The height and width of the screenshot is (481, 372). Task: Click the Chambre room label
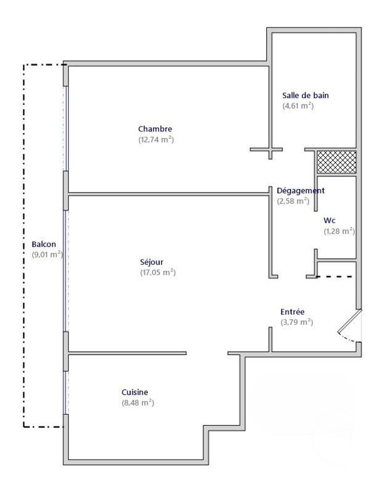pyautogui.click(x=155, y=129)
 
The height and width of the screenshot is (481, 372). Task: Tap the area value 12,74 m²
pyautogui.click(x=156, y=140)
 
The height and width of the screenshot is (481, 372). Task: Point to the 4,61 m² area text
pyautogui.click(x=298, y=106)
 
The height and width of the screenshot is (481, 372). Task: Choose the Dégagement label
pyautogui.click(x=301, y=190)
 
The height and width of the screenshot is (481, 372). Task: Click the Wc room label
pyautogui.click(x=330, y=220)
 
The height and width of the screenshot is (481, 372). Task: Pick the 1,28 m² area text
pyautogui.click(x=339, y=232)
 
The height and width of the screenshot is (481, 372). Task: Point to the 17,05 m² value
pyautogui.click(x=158, y=273)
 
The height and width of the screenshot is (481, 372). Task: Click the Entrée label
pyautogui.click(x=292, y=312)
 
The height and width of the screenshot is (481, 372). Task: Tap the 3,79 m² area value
pyautogui.click(x=296, y=323)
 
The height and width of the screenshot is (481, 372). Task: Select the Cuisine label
pyautogui.click(x=135, y=392)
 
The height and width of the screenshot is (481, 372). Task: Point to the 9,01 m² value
pyautogui.click(x=46, y=255)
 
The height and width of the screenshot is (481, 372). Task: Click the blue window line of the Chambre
pyautogui.click(x=66, y=128)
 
